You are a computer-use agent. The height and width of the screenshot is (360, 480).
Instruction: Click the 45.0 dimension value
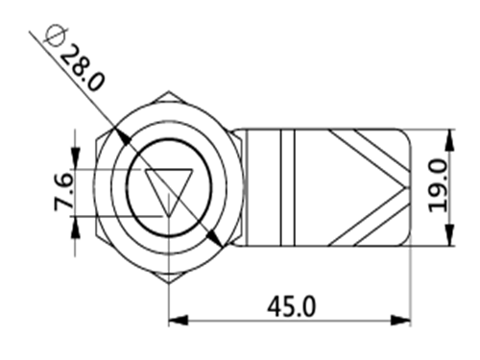coord(291,306)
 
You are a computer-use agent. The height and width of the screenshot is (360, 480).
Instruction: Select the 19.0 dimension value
coord(439,186)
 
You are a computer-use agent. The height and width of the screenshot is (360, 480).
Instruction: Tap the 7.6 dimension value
coord(64,191)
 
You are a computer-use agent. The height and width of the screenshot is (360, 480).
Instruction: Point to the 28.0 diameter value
coord(83,68)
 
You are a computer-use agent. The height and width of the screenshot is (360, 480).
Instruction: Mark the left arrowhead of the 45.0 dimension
coord(179,320)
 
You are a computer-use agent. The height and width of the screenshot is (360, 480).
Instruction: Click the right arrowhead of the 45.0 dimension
coord(400,320)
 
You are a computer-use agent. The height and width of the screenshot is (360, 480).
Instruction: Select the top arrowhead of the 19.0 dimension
coord(449,139)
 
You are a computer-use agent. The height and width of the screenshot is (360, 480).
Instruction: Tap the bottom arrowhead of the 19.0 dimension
coord(449,235)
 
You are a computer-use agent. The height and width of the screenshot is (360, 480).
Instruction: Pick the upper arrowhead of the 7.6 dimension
coord(75,158)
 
